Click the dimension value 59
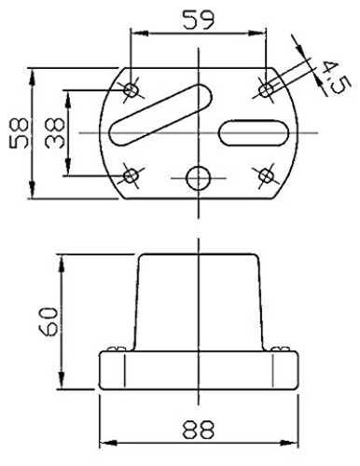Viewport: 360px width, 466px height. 199,21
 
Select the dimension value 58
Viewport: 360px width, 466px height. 19,133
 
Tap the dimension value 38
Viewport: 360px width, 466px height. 55,133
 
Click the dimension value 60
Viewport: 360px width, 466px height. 48,322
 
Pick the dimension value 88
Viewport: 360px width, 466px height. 199,430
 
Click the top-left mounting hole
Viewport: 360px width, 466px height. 131,90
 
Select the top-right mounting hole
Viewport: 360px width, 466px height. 266,90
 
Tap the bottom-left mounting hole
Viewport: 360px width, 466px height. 131,176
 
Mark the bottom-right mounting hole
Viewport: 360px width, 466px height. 266,175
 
